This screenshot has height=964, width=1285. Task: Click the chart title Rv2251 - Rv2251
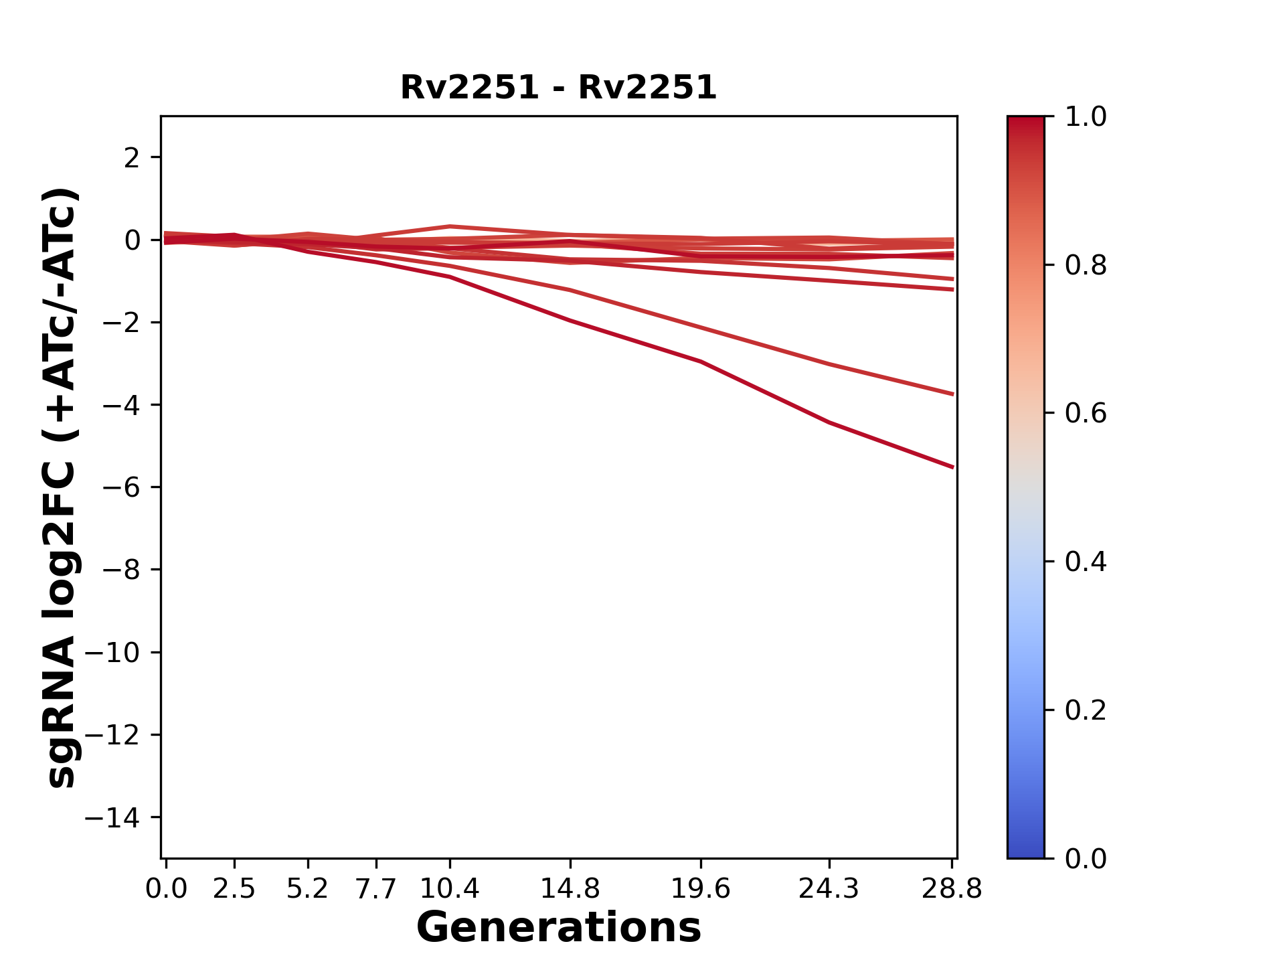[558, 88]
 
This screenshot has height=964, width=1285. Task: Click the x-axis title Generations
[558, 928]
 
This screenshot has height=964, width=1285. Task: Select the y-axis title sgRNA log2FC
[62, 487]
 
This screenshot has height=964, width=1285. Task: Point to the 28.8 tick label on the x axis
[952, 889]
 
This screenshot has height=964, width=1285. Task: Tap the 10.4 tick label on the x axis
[450, 889]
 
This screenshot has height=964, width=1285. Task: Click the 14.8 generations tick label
[570, 889]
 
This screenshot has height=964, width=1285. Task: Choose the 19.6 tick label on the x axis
[700, 889]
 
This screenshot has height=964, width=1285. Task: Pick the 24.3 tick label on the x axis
[829, 889]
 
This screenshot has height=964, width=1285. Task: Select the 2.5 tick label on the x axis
[234, 889]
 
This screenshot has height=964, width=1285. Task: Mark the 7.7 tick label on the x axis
[376, 889]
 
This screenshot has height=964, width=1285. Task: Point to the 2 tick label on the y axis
[132, 157]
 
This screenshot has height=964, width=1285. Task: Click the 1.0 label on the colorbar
[1086, 117]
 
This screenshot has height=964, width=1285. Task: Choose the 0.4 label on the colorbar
[1086, 562]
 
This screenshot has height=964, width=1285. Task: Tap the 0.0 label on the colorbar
[1086, 858]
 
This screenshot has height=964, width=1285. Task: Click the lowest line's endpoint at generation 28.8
[952, 467]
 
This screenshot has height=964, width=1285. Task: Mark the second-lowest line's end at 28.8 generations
[952, 394]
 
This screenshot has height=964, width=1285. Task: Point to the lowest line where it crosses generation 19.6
[701, 361]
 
